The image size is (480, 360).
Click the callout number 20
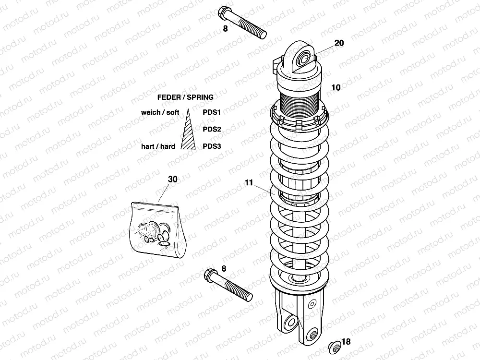[x=339, y=43]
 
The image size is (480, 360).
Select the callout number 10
[x=336, y=88]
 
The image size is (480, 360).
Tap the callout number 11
[x=249, y=182]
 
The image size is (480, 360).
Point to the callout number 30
[x=172, y=179]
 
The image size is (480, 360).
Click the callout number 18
[x=347, y=342]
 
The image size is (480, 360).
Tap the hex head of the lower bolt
[x=210, y=275]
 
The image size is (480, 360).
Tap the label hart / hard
[x=158, y=146]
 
